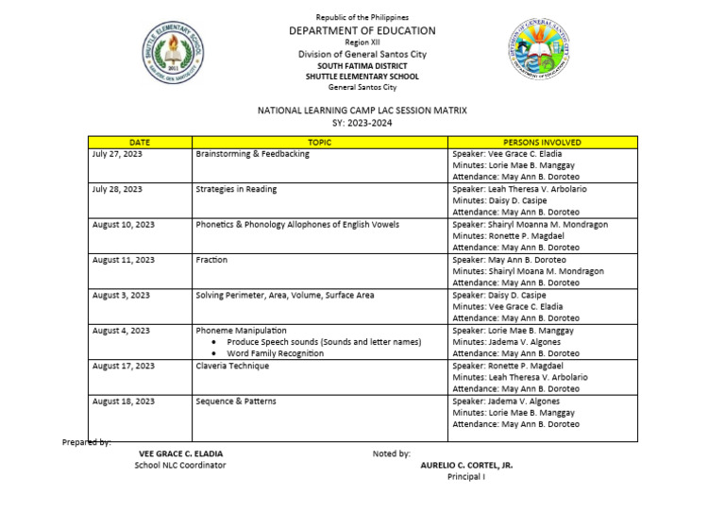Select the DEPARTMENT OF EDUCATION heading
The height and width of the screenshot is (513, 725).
pyautogui.click(x=362, y=31)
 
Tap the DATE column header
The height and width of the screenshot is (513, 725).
pyautogui.click(x=140, y=142)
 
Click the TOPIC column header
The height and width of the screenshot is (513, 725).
pyautogui.click(x=319, y=142)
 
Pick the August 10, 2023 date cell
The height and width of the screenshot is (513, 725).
pyautogui.click(x=123, y=225)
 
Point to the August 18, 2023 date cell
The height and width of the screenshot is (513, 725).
pyautogui.click(x=123, y=402)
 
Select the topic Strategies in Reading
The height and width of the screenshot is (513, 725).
pyautogui.click(x=236, y=189)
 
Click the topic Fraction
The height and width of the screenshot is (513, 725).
pyautogui.click(x=211, y=260)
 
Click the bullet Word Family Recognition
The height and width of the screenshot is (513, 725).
pyautogui.click(x=275, y=353)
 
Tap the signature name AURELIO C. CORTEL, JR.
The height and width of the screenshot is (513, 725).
pyautogui.click(x=466, y=466)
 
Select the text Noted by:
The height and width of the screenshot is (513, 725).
pyautogui.click(x=391, y=453)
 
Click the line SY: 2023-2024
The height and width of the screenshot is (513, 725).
pyautogui.click(x=362, y=123)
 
